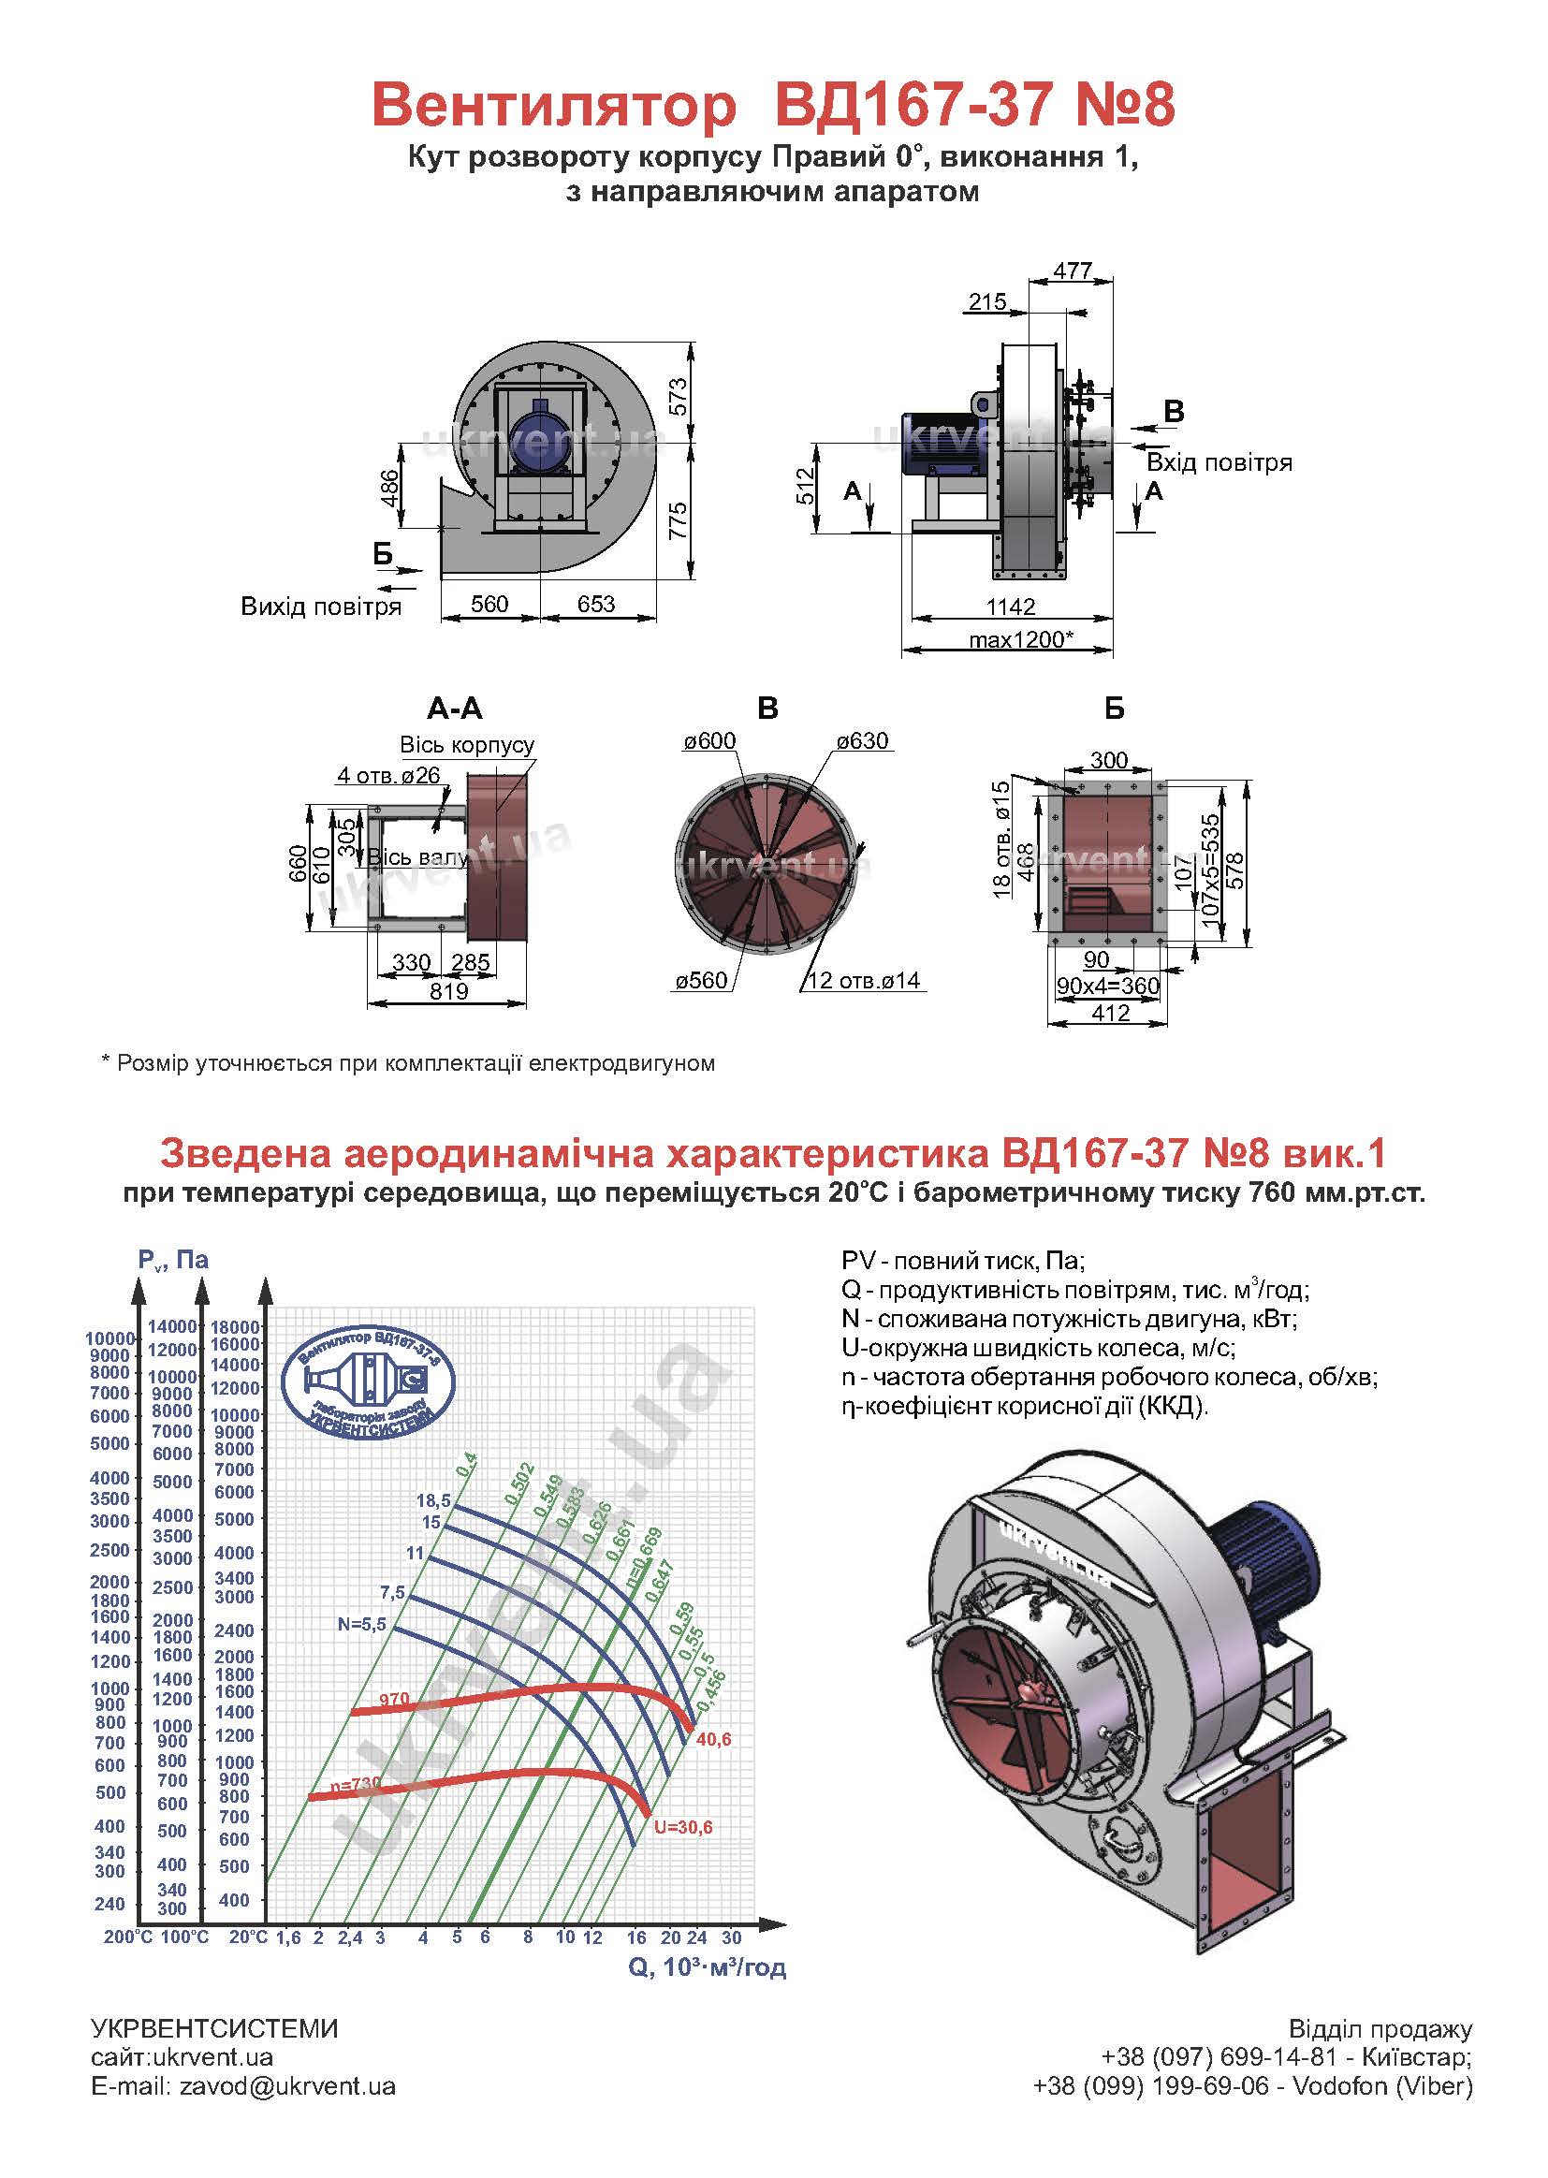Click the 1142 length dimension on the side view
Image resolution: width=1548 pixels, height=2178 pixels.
point(1011,607)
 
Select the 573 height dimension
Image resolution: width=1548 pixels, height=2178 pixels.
point(678,399)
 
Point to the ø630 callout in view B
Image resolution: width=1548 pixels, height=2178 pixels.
point(862,741)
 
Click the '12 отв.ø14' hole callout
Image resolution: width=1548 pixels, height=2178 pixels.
point(864,980)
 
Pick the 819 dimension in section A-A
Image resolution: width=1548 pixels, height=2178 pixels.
point(448,991)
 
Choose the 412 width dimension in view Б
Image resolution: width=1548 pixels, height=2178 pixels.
point(1111,1014)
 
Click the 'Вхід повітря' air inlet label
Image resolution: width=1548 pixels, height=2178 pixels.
point(1219,463)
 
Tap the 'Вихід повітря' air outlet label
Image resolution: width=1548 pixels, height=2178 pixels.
point(320,607)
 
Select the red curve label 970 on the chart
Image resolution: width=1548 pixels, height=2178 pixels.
point(394,1700)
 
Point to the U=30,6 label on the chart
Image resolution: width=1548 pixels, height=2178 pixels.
point(683,1827)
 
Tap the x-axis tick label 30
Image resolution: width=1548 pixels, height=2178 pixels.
point(731,1937)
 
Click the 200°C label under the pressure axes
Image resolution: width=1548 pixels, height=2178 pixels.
point(127,1937)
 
